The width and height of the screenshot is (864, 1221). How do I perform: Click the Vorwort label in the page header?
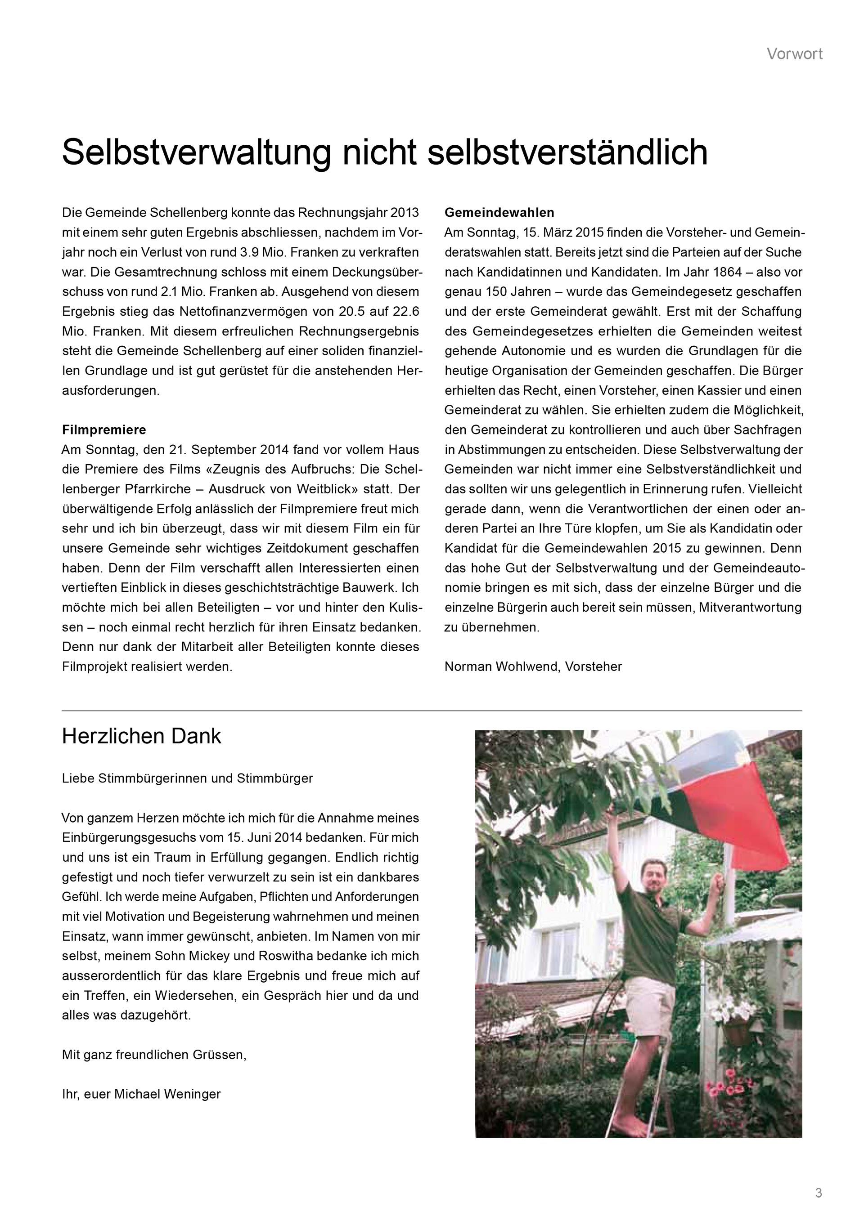794,54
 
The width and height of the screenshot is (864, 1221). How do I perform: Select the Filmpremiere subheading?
104,429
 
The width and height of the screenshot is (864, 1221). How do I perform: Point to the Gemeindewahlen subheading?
499,213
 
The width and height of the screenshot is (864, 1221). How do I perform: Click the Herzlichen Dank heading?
141,737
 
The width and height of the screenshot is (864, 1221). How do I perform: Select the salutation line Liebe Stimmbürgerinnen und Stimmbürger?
187,778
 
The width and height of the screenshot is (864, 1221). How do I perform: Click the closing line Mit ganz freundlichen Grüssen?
154,1055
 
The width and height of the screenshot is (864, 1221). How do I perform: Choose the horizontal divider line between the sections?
432,711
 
